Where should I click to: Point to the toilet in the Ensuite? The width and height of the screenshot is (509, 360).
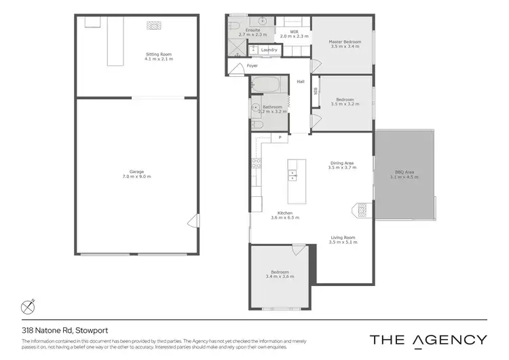pyautogui.click(x=234, y=26)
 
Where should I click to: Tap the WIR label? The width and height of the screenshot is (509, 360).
pyautogui.click(x=294, y=31)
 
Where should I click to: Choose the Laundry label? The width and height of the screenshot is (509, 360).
pyautogui.click(x=269, y=50)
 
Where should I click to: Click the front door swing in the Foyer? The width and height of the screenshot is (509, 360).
pyautogui.click(x=234, y=67)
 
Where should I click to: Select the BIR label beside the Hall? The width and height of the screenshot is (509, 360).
pyautogui.click(x=316, y=90)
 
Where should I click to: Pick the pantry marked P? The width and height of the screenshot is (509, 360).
pyautogui.click(x=280, y=138)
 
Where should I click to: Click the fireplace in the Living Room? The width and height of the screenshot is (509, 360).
pyautogui.click(x=362, y=210)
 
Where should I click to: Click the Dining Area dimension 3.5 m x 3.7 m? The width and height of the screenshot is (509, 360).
pyautogui.click(x=341, y=167)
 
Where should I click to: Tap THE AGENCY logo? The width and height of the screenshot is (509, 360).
pyautogui.click(x=428, y=340)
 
